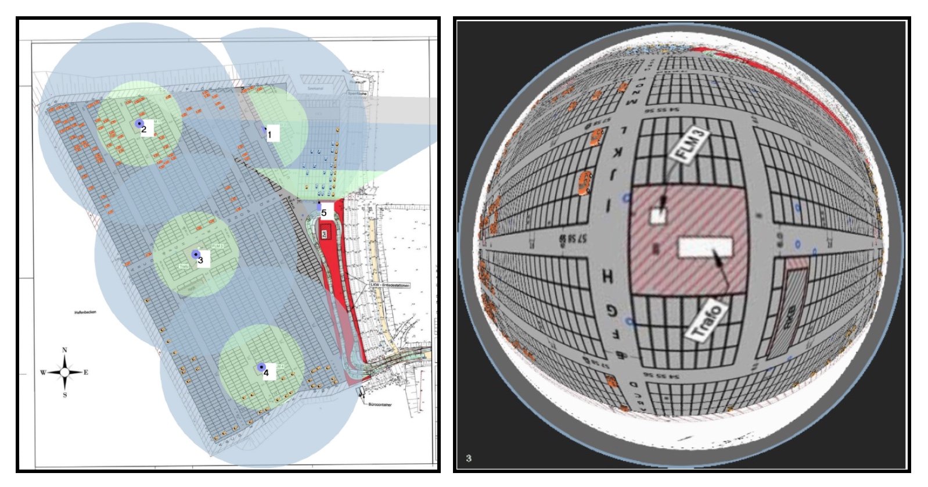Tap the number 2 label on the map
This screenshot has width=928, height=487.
145,129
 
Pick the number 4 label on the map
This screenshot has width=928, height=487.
267,373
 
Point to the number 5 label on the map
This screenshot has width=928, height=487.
324,213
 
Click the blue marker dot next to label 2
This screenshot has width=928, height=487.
138,124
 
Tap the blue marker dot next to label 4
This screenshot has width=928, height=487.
261,367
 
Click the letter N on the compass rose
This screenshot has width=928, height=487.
64,350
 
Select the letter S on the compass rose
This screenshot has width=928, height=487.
64,395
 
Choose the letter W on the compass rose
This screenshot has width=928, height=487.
43,373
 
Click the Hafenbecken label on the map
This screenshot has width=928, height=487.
85,313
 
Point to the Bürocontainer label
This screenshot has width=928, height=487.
380,404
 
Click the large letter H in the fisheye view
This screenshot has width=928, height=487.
607,276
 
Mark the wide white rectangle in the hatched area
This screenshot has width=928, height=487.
705,248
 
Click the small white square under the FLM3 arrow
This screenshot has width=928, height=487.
657,216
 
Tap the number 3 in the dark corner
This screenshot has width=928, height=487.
469,459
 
